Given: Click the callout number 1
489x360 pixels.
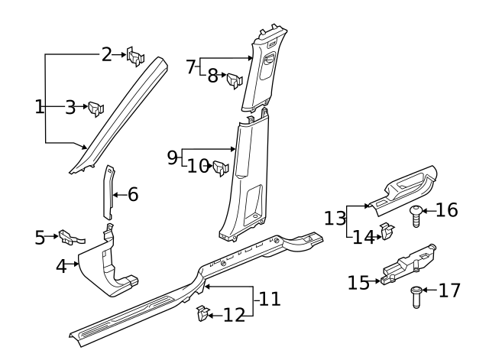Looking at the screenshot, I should tap(40, 107).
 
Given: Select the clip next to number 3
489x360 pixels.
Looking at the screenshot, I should tap(96, 109).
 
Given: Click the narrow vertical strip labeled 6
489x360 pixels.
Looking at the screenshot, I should tap(108, 195).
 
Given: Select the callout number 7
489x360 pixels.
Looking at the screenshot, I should tap(192, 66).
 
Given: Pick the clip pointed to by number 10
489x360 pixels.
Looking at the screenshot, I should tap(222, 167).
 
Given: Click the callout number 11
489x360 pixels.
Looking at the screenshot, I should tap(269, 299).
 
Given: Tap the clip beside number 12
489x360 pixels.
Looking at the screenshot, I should tap(202, 314).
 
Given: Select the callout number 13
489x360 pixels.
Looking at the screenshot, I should tap(335, 219).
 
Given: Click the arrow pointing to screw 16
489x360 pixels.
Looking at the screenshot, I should tap(429, 209).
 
